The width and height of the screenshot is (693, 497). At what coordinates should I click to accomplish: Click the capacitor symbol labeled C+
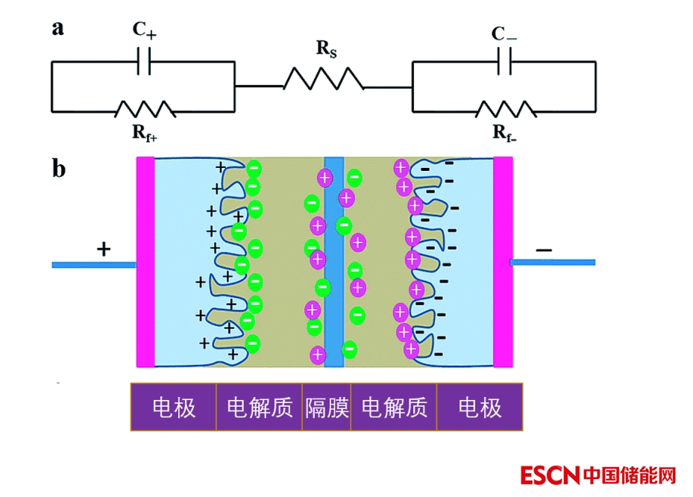[x=144, y=63]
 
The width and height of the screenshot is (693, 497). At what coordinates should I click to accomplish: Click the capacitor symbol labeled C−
[x=504, y=63]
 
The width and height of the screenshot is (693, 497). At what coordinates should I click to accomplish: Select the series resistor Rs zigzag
[x=323, y=78]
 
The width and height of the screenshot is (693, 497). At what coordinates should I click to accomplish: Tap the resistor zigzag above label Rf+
[x=145, y=110]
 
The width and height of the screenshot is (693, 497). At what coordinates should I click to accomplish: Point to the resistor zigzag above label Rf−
[x=506, y=110]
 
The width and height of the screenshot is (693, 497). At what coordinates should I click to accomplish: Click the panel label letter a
[x=58, y=28]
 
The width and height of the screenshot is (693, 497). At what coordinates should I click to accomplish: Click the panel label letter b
[x=59, y=169]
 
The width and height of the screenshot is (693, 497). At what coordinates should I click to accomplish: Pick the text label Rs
[x=326, y=49]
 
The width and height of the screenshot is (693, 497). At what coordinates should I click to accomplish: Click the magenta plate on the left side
[x=145, y=262]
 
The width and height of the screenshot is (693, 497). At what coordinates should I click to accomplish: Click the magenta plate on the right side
[x=503, y=262]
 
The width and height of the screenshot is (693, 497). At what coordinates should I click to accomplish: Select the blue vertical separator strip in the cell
[x=334, y=262]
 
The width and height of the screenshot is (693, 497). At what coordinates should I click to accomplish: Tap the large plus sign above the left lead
[x=104, y=249]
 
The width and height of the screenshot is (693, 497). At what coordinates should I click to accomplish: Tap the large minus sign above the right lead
[x=544, y=248]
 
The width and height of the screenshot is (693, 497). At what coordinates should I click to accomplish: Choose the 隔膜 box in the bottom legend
[x=327, y=407]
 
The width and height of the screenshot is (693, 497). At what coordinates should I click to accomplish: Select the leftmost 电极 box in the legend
[x=174, y=407]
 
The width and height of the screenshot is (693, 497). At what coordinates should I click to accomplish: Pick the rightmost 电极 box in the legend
[x=480, y=407]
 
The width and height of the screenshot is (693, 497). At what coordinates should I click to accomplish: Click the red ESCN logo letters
[x=551, y=475]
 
